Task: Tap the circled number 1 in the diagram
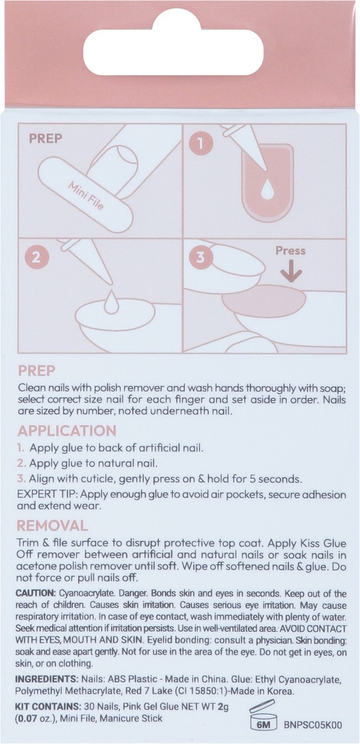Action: pyautogui.click(x=200, y=144)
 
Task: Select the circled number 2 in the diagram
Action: pyautogui.click(x=35, y=257)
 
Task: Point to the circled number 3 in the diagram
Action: pyautogui.click(x=200, y=257)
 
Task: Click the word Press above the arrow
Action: pyautogui.click(x=291, y=250)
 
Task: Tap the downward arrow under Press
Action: pyautogui.click(x=291, y=272)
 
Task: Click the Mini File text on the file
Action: pyautogui.click(x=86, y=196)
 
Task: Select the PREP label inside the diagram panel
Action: pyautogui.click(x=45, y=138)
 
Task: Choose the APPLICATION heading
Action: pyautogui.click(x=67, y=431)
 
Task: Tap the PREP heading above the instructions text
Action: pyautogui.click(x=37, y=371)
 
